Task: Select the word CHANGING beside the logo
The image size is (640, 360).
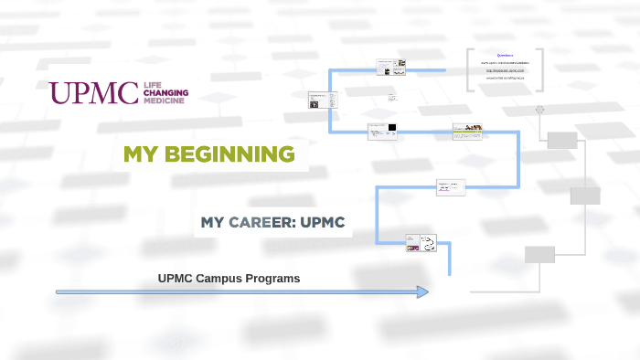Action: point(165,93)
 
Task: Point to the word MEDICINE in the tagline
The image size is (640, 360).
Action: point(165,101)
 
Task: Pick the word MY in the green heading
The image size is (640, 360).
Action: point(142,154)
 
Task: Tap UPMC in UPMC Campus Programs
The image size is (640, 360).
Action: point(176,278)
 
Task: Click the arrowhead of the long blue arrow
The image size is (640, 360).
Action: point(422,291)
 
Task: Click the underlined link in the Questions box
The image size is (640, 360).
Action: point(505,70)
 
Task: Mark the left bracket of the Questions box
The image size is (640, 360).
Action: point(469,69)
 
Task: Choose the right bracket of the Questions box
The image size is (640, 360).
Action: point(541,69)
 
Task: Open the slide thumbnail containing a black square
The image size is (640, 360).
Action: point(383,131)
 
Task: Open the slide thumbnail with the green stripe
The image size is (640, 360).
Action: point(467,132)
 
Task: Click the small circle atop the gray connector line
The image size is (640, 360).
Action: point(540,110)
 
